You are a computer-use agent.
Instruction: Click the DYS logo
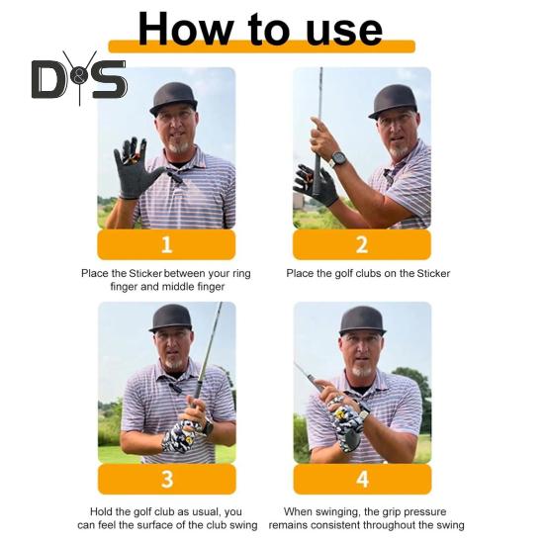tap(78, 78)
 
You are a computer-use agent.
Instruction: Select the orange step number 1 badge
tap(166, 244)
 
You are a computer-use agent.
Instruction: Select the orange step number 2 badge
tap(362, 244)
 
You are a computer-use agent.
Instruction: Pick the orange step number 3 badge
tap(166, 479)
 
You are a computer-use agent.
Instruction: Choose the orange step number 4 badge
tap(362, 479)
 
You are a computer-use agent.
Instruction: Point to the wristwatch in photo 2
tap(339, 158)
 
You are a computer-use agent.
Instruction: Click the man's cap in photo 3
tap(170, 318)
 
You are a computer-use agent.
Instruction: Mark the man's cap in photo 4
tap(361, 318)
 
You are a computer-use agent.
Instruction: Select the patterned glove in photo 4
tap(348, 417)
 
